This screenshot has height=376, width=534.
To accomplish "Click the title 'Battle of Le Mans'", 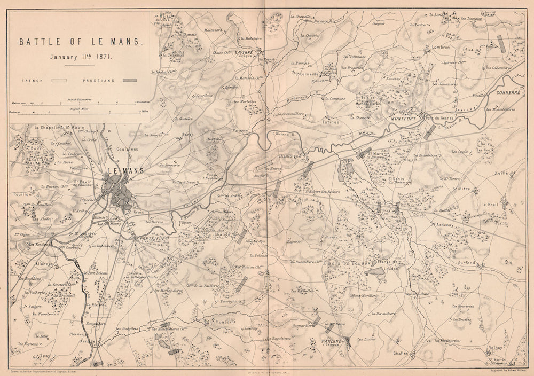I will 80,42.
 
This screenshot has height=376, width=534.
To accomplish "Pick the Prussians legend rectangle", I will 129,80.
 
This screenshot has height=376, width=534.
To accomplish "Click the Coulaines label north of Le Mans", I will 127,150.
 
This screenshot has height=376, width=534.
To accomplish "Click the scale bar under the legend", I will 80,107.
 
